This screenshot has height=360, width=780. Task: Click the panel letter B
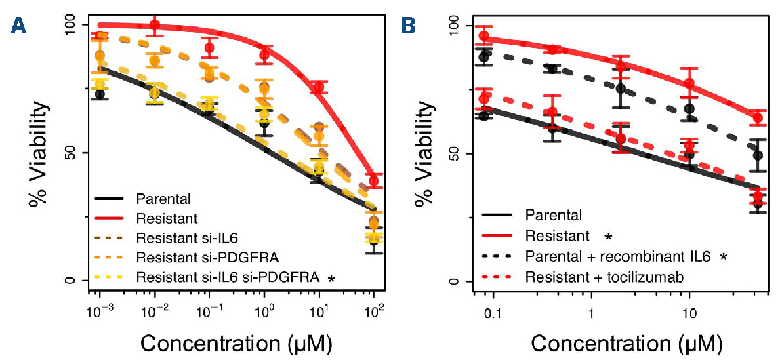[x=409, y=26]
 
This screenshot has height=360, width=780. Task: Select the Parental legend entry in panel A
[x=163, y=199]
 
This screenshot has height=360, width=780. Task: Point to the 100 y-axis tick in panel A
[x=68, y=25]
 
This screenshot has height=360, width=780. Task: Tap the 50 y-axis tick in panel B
[x=463, y=153]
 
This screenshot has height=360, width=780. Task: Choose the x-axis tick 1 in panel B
[x=592, y=317]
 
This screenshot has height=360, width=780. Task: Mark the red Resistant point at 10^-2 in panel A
[x=155, y=26]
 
